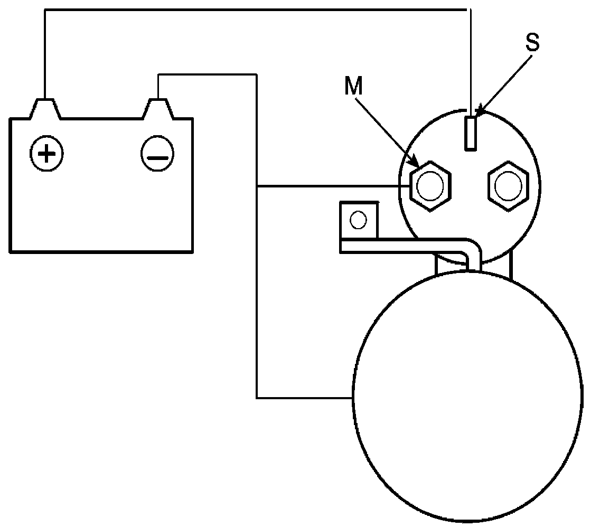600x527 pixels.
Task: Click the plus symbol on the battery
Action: [48, 154]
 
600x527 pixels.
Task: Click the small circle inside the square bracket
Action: [359, 219]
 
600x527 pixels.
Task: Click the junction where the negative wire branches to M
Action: [257, 186]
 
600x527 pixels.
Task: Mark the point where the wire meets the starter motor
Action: [353, 397]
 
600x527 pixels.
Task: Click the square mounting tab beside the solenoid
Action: [359, 220]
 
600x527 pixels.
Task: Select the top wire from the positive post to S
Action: [254, 9]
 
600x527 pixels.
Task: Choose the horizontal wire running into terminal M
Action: [333, 186]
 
